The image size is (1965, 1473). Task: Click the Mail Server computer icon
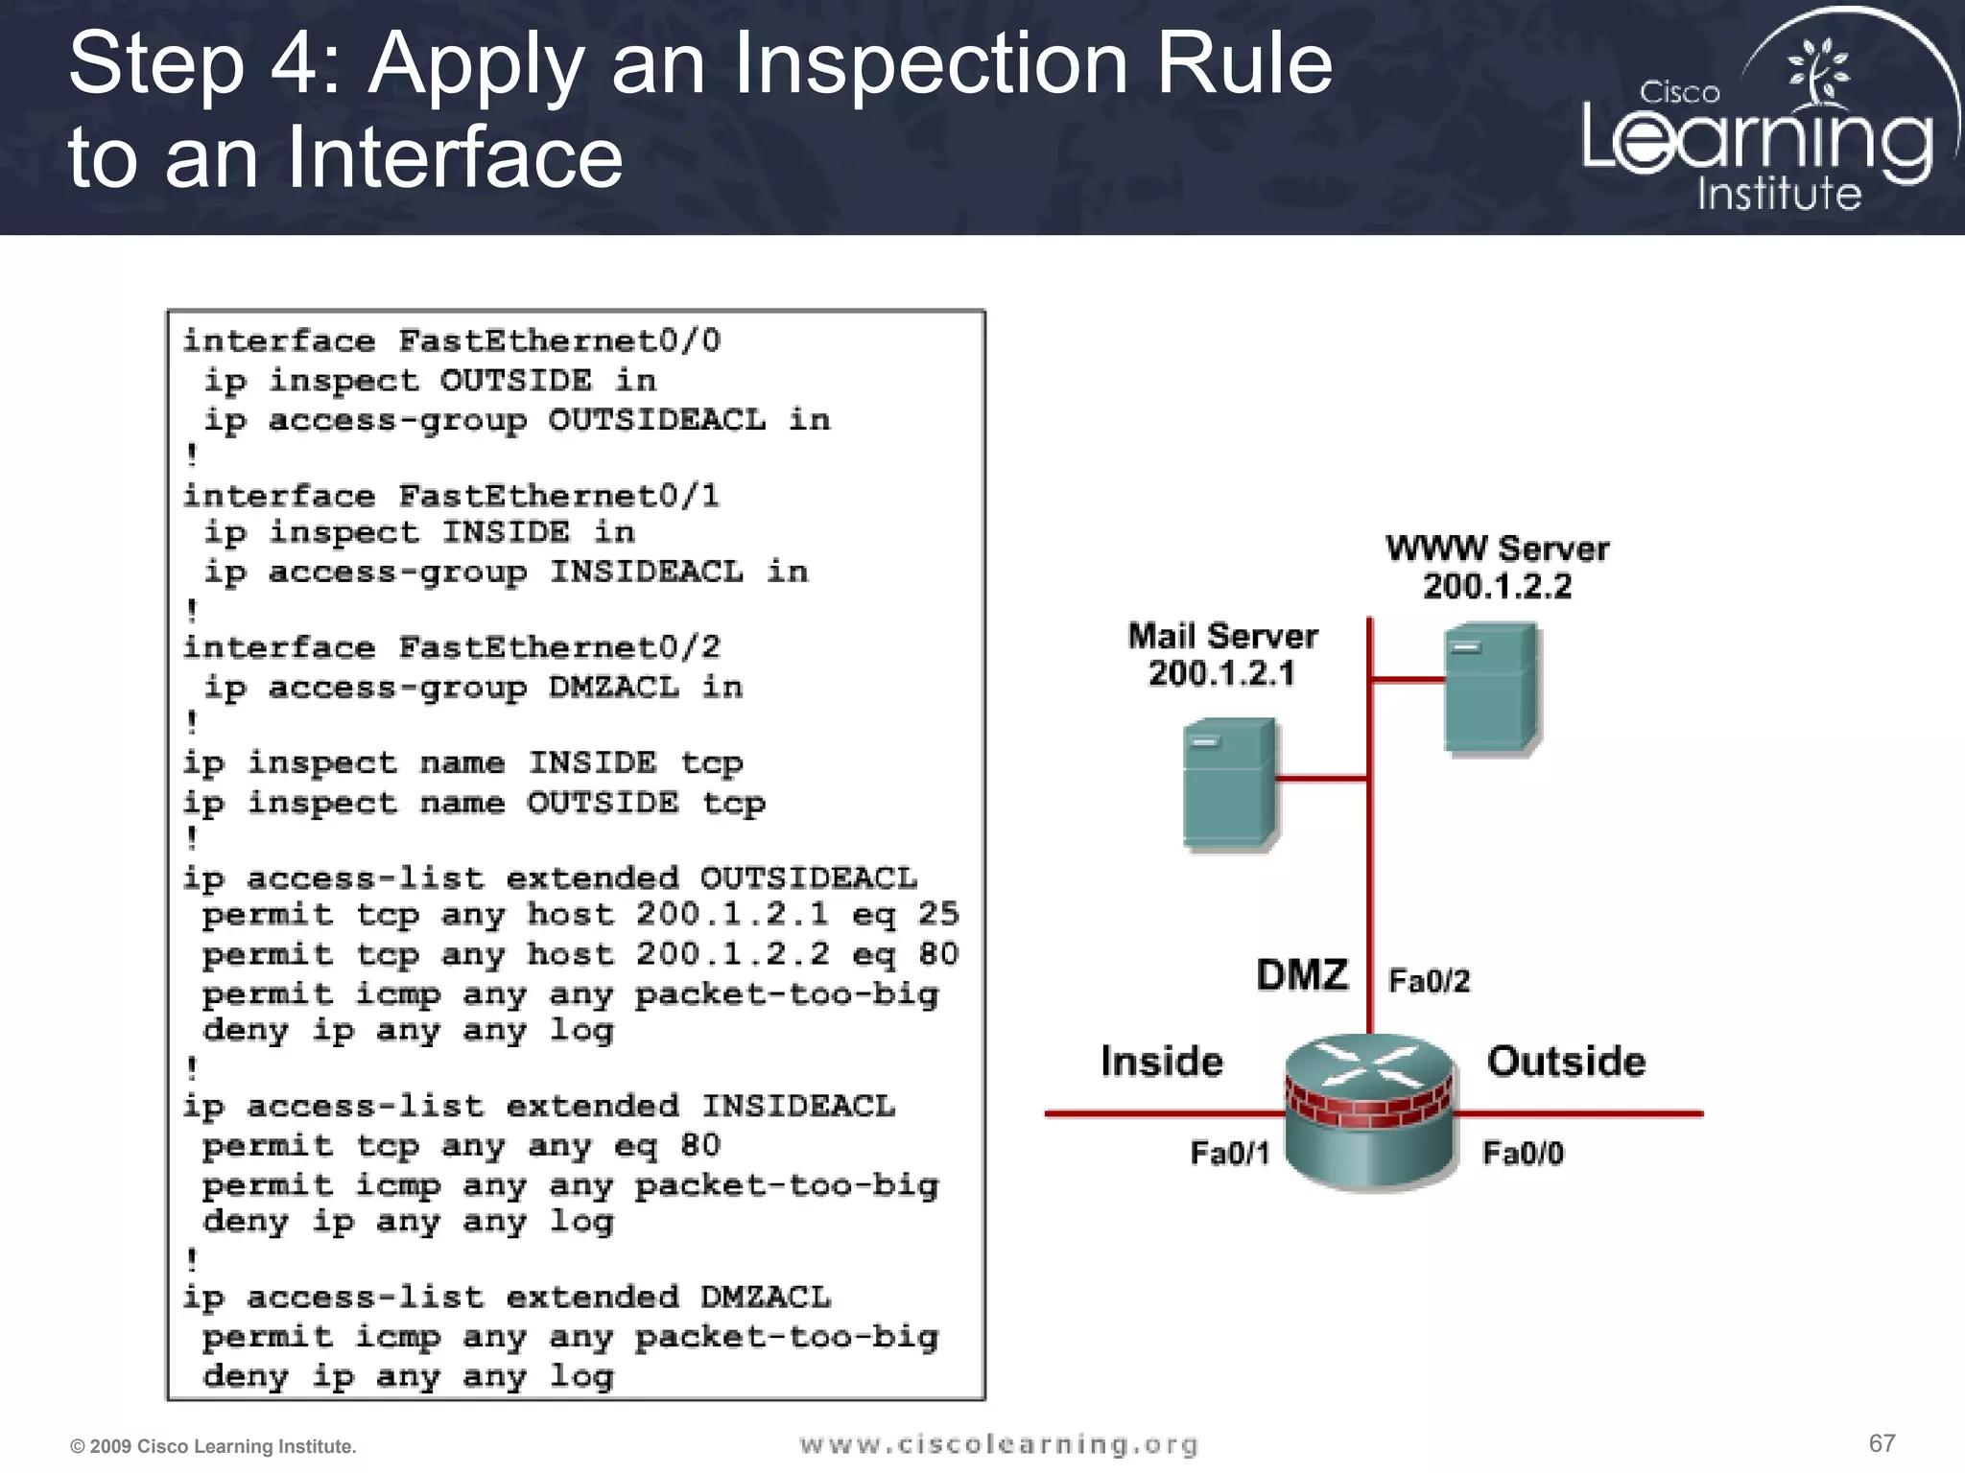[x=1229, y=783]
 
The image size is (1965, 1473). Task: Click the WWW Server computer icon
[x=1490, y=687]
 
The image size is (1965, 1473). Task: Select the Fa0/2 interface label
[x=1429, y=981]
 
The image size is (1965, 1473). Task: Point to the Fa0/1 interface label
[x=1229, y=1152]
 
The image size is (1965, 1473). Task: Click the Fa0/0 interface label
[x=1523, y=1152]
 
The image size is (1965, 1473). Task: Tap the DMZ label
[x=1302, y=975]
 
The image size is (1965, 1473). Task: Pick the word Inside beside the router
[x=1161, y=1062]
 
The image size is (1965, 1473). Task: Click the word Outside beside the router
[x=1566, y=1062]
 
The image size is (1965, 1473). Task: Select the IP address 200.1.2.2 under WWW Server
[x=1497, y=586]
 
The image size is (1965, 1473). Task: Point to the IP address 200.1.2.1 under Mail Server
[x=1221, y=673]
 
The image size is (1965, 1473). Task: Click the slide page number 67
[x=1882, y=1443]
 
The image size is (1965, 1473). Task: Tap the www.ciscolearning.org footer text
[x=998, y=1444]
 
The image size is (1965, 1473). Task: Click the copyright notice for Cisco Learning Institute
[x=213, y=1446]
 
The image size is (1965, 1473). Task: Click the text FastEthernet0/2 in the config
[x=559, y=648]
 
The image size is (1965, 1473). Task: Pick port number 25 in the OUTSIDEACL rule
[x=937, y=914]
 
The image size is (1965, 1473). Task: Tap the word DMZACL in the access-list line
[x=765, y=1298]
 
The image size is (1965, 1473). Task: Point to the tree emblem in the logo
[x=1817, y=72]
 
